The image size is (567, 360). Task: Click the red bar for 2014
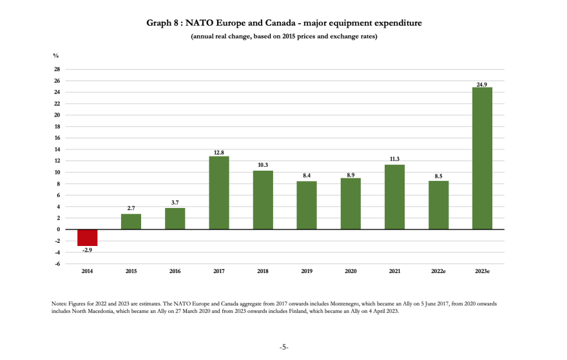coord(87,238)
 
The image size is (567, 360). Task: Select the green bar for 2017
coord(218,193)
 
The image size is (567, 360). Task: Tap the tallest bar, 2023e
coord(482,158)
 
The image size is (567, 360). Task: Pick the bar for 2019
coord(307,205)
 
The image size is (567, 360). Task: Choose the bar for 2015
coord(131,222)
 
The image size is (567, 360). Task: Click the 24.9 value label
coord(482,84)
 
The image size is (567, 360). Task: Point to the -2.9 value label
coord(87,250)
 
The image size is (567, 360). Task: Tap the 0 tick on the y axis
coord(58,230)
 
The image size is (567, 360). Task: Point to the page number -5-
coord(283,347)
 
